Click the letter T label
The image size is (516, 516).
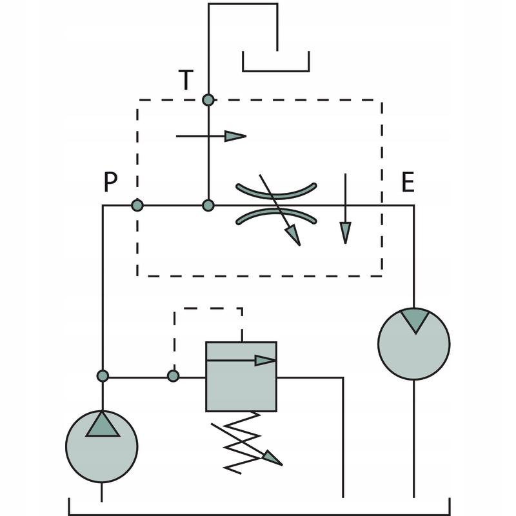pos(186,81)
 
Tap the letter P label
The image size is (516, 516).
pos(110,184)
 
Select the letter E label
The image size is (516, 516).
pos(408,184)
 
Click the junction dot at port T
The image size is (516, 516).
pos(208,100)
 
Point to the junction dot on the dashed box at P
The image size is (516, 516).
pos(137,206)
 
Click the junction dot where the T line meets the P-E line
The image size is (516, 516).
pos(208,206)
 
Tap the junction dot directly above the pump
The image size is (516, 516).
pos(102,376)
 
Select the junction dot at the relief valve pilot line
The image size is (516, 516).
pos(172,376)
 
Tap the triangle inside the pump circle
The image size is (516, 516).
pos(102,425)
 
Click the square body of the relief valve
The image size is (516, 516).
pos(241,387)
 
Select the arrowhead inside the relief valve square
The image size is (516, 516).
pos(265,360)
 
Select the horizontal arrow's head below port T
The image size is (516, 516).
pos(235,136)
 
